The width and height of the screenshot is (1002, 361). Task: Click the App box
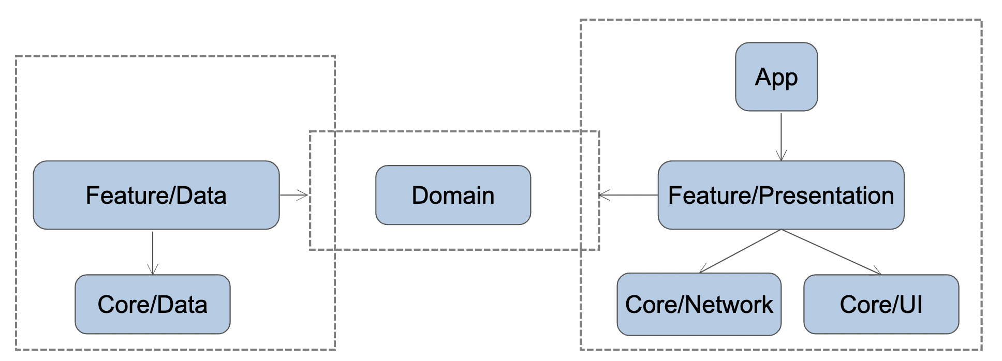click(x=776, y=77)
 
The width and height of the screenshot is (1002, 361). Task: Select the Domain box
click(x=453, y=195)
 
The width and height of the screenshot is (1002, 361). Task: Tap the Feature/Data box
click(x=156, y=195)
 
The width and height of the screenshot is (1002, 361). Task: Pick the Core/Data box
click(x=152, y=304)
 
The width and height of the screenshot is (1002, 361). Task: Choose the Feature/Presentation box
click(x=780, y=195)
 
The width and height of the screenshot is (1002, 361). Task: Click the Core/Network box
click(x=699, y=304)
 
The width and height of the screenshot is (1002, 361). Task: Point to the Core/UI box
click(x=881, y=304)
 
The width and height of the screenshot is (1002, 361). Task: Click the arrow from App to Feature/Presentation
click(x=781, y=134)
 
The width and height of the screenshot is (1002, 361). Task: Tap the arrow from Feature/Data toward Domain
click(x=293, y=195)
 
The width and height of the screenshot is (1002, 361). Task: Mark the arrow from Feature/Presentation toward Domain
click(x=629, y=195)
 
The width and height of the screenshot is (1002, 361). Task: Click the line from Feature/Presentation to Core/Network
click(x=740, y=251)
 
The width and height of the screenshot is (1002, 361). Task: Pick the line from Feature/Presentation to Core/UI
click(x=831, y=252)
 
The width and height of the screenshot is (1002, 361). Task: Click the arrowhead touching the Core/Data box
click(x=153, y=270)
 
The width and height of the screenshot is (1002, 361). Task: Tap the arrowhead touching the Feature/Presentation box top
click(x=781, y=156)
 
